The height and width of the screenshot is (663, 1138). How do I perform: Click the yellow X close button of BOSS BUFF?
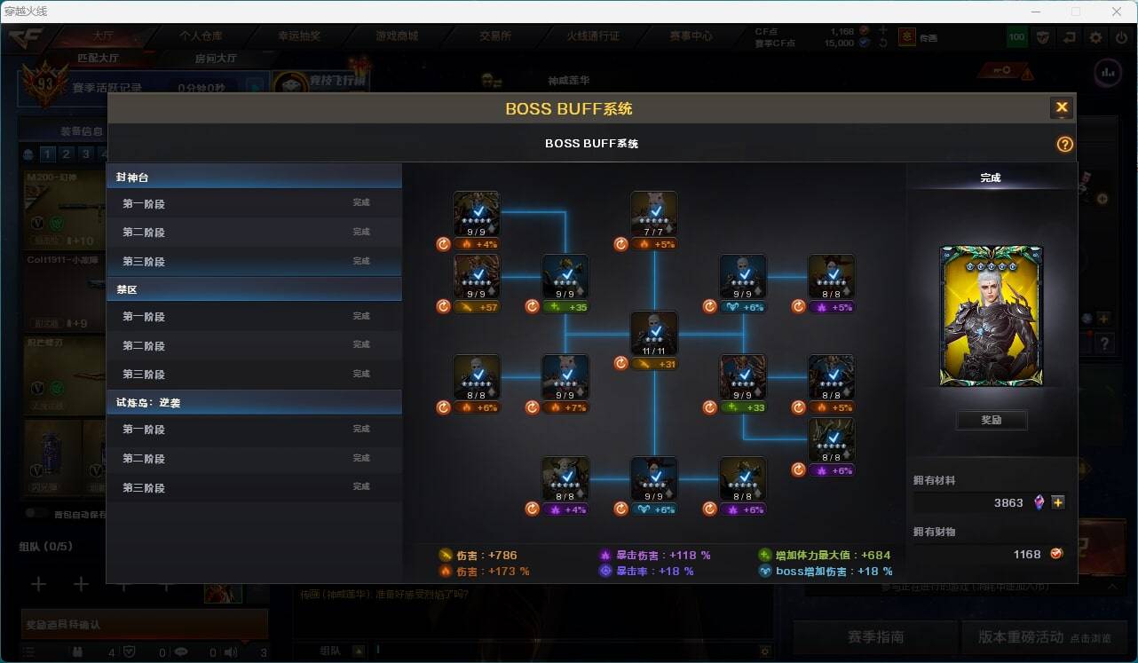[x=1061, y=108]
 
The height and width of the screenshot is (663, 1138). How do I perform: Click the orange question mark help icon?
[x=1065, y=145]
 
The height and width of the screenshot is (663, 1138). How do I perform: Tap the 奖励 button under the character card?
[x=992, y=420]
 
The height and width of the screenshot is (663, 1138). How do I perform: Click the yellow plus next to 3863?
[x=1058, y=502]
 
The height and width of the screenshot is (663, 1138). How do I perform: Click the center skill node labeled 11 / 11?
[x=654, y=335]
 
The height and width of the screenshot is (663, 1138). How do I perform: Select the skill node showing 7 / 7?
[x=654, y=215]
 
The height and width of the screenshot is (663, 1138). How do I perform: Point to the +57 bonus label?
[x=477, y=307]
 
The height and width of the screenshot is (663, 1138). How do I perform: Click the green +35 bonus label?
[x=565, y=307]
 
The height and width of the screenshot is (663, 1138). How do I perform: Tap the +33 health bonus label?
[x=743, y=407]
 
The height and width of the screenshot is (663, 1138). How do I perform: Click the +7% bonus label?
[x=565, y=407]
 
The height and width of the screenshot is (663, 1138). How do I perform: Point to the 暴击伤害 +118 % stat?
[x=656, y=556]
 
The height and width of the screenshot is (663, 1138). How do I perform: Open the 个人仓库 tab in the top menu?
[x=202, y=36]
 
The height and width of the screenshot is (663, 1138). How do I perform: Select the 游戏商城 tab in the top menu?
[x=397, y=36]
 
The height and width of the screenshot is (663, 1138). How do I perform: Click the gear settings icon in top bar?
[x=1096, y=37]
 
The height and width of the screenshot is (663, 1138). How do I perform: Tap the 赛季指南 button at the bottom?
[x=875, y=637]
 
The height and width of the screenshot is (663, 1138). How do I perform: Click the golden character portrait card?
[x=992, y=316]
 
